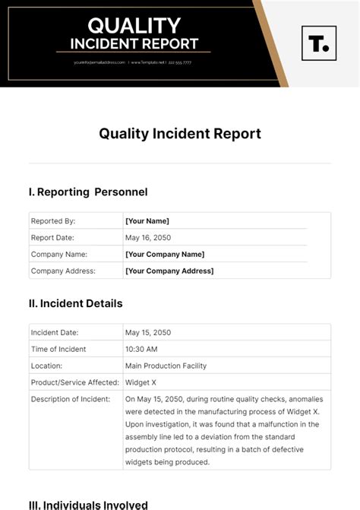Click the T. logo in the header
coord(318,43)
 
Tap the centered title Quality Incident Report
coord(180,134)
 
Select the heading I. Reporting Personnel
coord(88,192)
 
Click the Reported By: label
coord(53,221)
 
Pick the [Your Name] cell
coord(147,221)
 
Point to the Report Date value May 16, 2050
coord(148,238)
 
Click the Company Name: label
coord(59,255)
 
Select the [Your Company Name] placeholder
coord(165,255)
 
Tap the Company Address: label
coord(63,271)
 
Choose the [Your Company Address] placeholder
coord(169,271)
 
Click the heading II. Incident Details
coord(75,303)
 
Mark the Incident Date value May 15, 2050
coord(148,332)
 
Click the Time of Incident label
coord(58,349)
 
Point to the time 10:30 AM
coord(142,349)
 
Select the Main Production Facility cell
coord(166,366)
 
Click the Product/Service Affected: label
coord(74,382)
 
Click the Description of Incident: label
coord(70,399)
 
